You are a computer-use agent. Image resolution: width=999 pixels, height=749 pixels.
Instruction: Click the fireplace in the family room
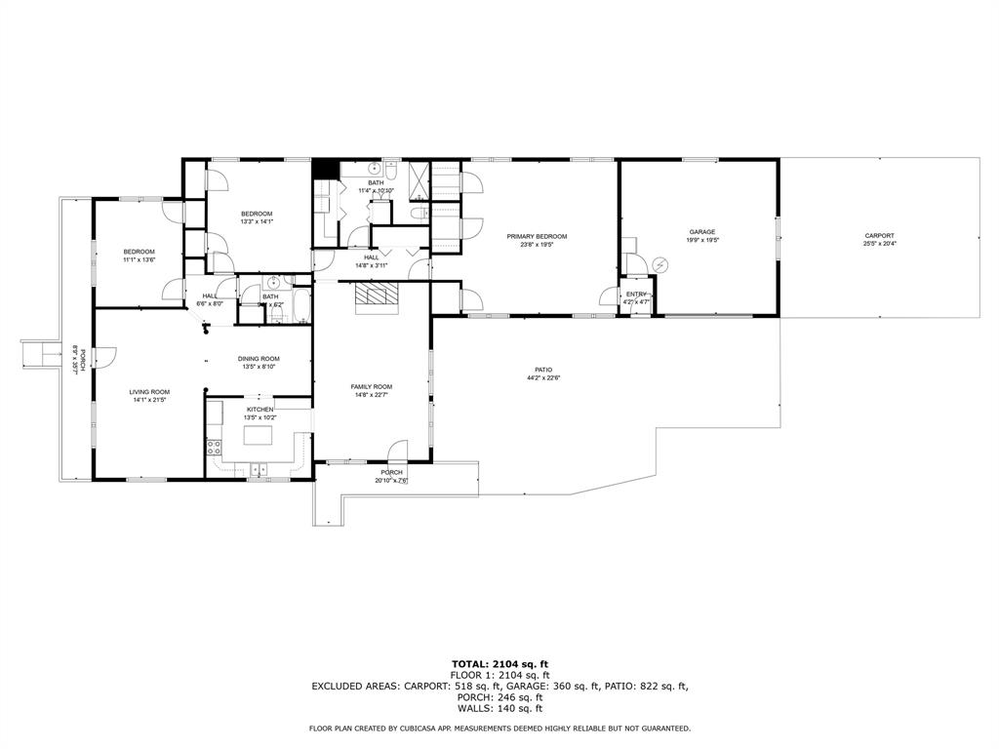click(x=377, y=296)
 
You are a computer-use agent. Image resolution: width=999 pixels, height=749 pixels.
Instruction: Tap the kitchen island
click(x=258, y=438)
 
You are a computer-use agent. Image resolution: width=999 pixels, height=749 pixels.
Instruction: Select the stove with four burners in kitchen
click(x=214, y=448)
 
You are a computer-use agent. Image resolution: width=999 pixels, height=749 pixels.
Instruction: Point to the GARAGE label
click(x=702, y=232)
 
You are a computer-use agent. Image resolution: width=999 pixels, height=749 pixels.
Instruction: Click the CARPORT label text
click(x=878, y=236)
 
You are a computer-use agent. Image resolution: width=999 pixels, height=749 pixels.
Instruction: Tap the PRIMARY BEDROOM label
click(x=537, y=236)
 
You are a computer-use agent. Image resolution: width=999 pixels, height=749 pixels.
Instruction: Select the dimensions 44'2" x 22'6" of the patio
click(x=543, y=377)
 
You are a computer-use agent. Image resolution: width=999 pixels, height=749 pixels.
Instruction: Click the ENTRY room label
click(x=636, y=294)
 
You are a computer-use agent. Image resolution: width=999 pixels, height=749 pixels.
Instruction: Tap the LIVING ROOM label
click(x=149, y=391)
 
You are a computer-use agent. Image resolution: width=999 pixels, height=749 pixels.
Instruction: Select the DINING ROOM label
click(x=259, y=358)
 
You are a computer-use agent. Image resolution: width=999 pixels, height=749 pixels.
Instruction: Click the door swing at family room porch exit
click(x=398, y=451)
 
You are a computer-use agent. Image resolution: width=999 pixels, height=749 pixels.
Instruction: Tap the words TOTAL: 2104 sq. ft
click(x=499, y=663)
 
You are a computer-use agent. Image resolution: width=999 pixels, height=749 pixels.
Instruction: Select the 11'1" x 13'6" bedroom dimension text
click(x=139, y=260)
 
